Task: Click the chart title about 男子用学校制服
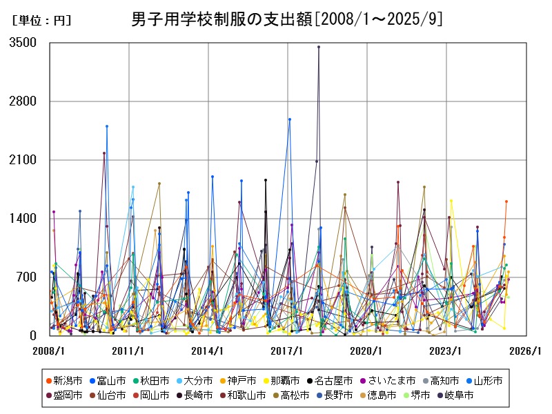286,19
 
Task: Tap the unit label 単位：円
41,21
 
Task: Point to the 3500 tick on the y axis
23,43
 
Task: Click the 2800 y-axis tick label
23,101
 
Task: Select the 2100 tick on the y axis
23,160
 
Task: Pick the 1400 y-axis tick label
23,219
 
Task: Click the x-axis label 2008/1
49,351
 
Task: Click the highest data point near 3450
318,47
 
